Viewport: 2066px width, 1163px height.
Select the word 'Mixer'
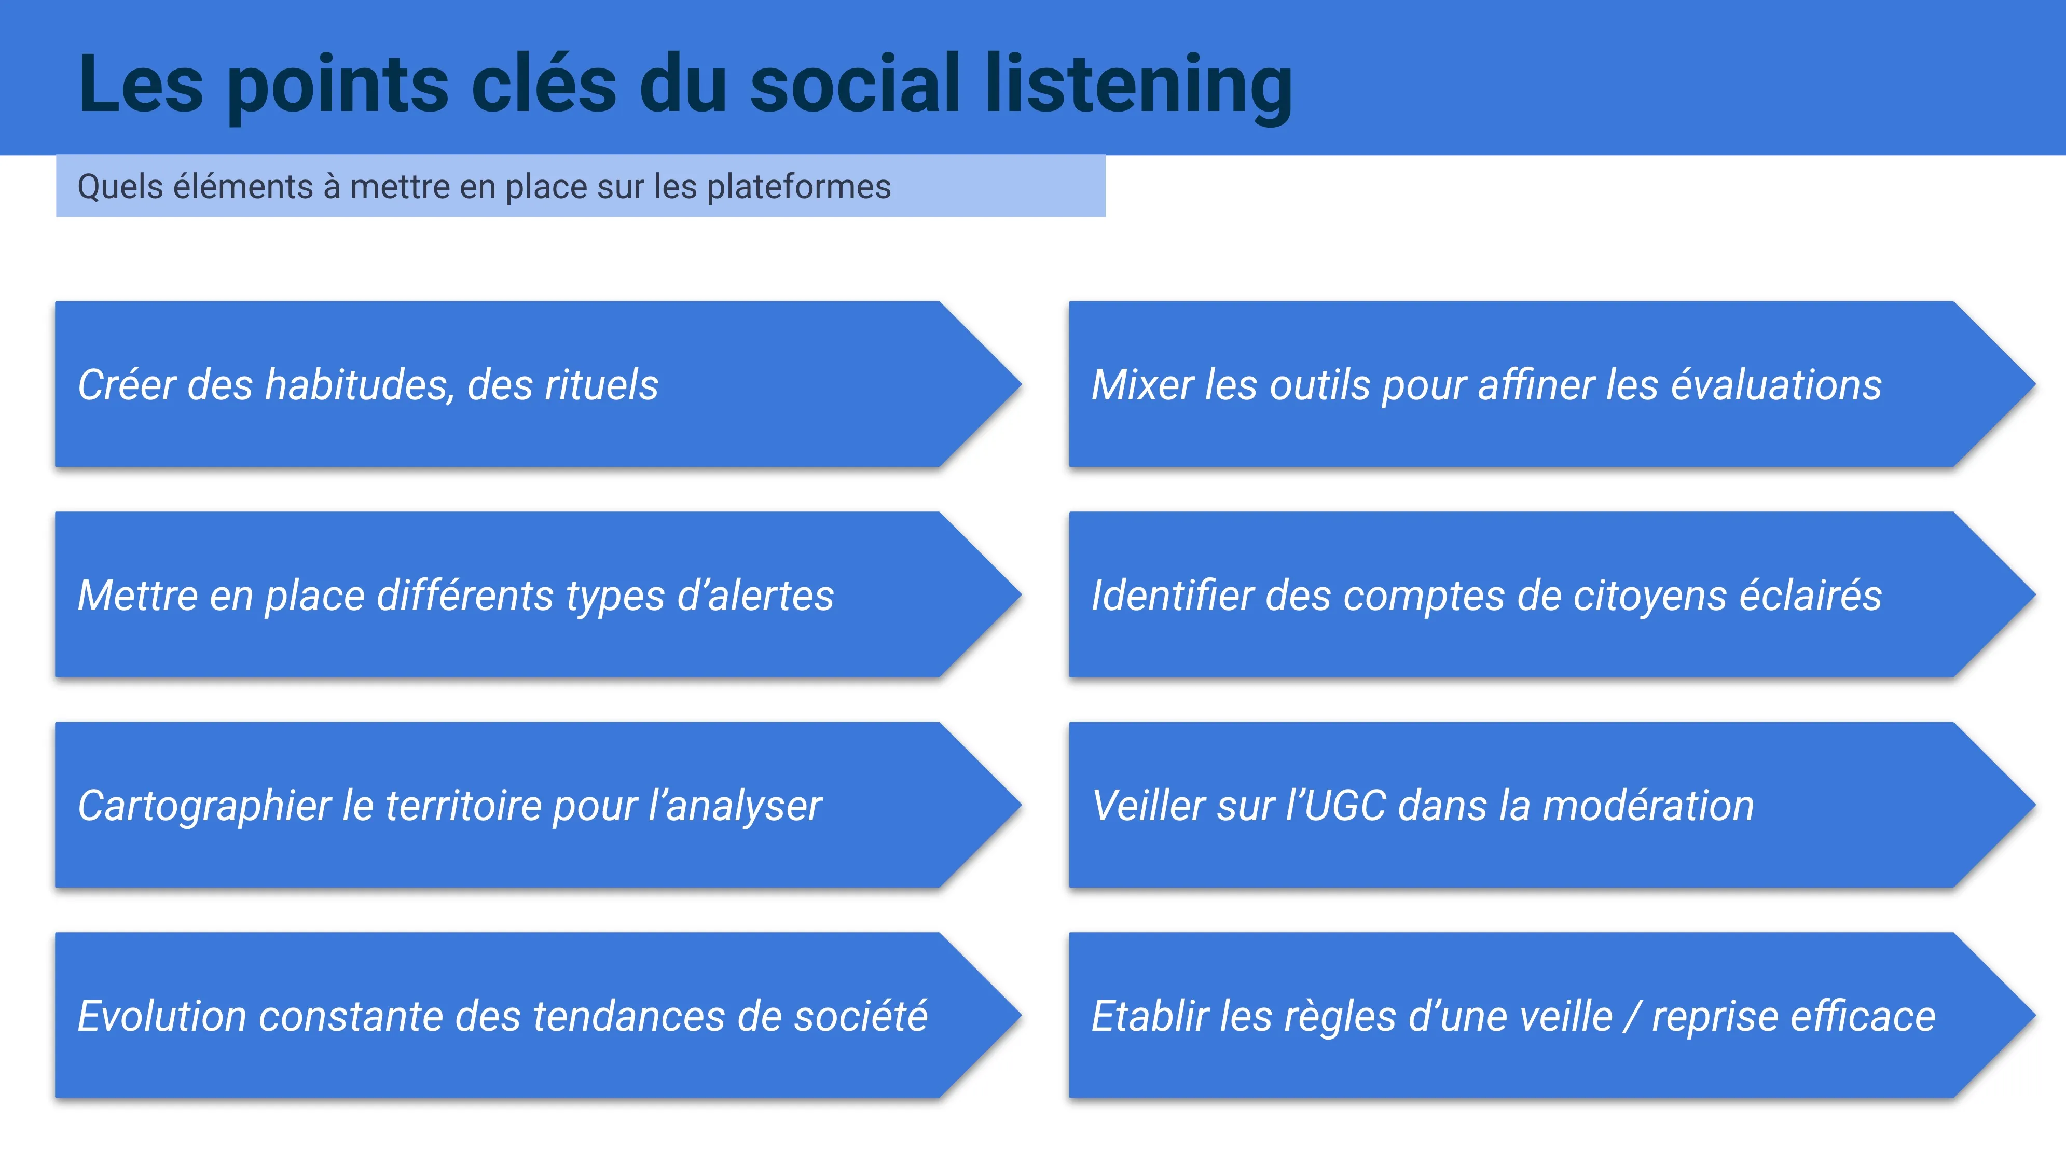click(1143, 384)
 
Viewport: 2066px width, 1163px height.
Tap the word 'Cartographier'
click(204, 807)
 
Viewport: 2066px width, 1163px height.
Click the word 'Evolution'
click(162, 1016)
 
